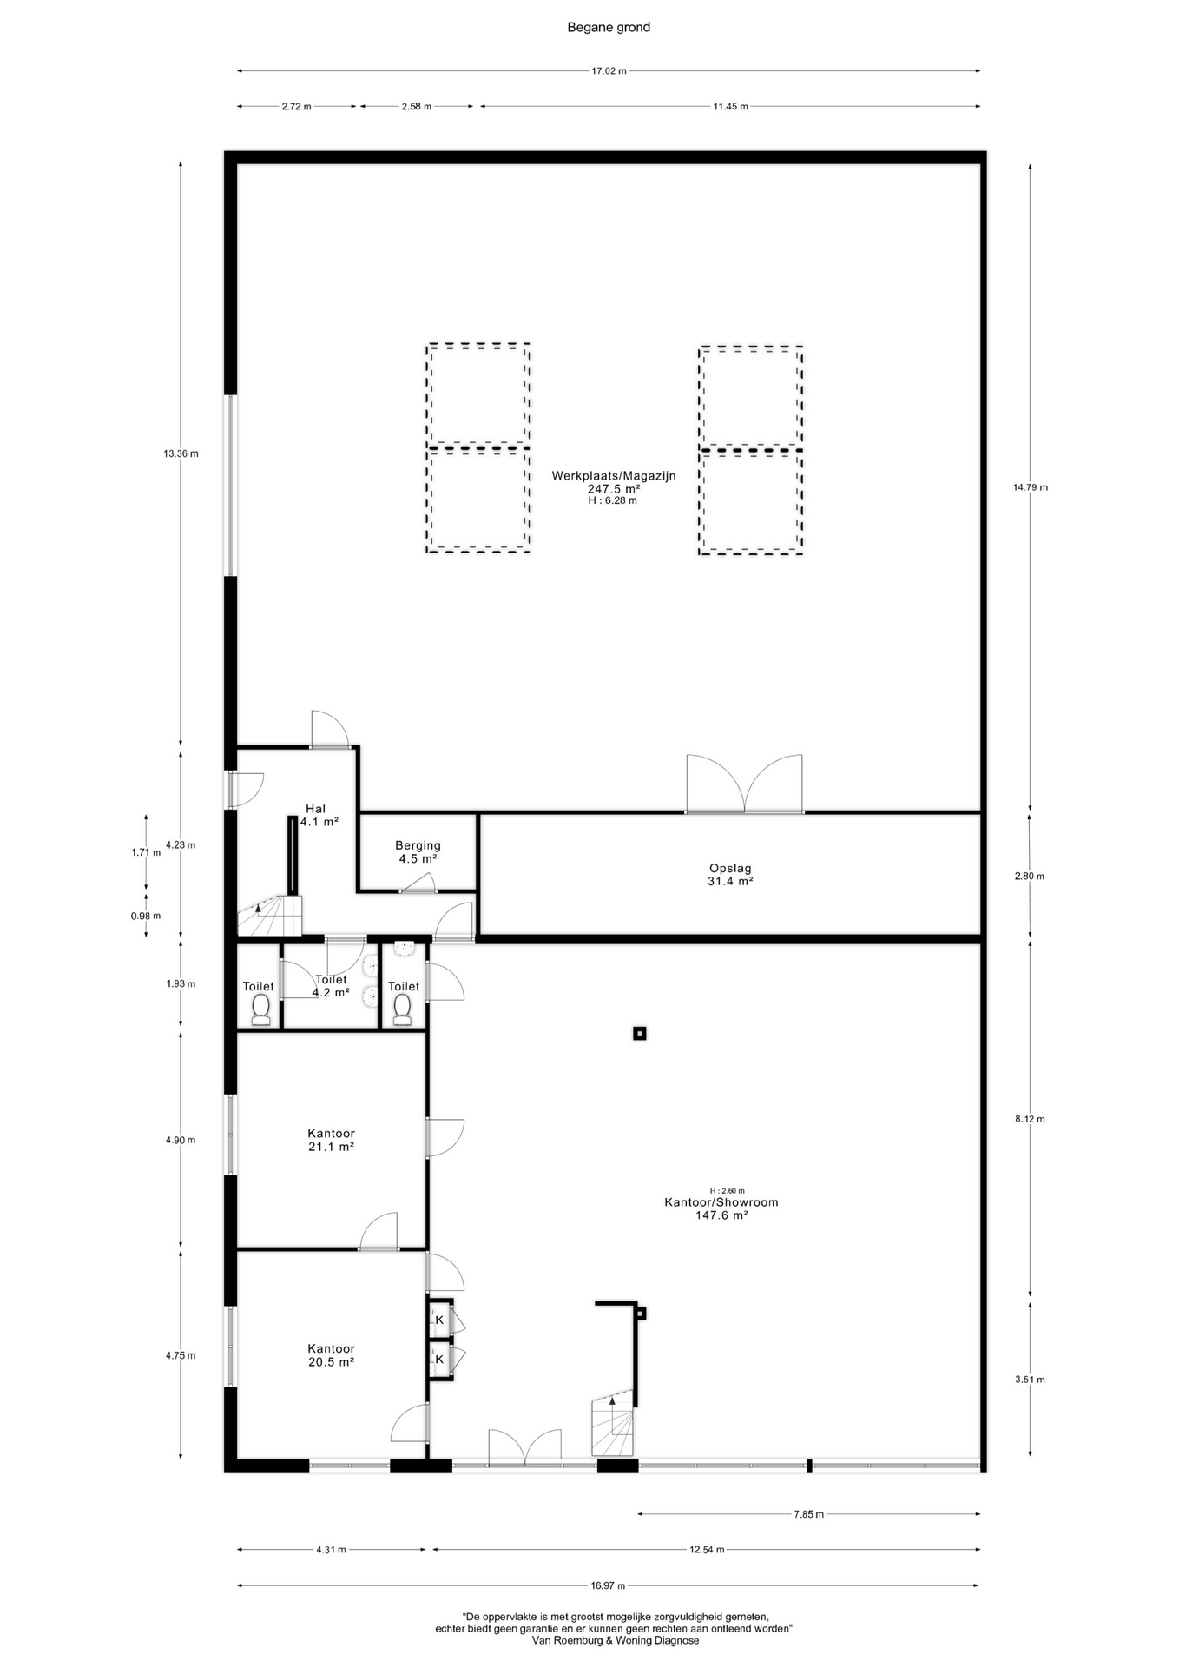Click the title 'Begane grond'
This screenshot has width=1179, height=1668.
[x=609, y=27]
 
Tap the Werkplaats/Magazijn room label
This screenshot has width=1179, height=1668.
[x=614, y=487]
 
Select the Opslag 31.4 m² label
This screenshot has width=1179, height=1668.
[x=730, y=874]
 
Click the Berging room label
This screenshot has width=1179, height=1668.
[x=418, y=851]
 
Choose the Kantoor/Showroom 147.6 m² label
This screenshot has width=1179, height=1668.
[x=721, y=1208]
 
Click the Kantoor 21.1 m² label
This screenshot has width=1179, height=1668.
[x=331, y=1140]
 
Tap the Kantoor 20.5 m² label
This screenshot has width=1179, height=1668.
[x=331, y=1355]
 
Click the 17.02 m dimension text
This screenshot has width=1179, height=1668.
[x=609, y=71]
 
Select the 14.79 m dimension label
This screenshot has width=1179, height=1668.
[x=1030, y=487]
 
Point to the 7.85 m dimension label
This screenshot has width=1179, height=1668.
[x=808, y=1514]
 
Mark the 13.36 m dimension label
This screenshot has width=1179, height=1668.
[x=181, y=453]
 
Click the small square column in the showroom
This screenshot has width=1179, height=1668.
[x=640, y=1033]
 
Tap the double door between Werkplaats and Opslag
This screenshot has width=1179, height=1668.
[x=744, y=784]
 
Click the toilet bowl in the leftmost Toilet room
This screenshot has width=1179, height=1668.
[x=260, y=1008]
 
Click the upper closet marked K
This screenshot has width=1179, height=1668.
[x=439, y=1320]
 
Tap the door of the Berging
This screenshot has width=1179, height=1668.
[x=418, y=884]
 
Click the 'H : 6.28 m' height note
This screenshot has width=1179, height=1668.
[x=613, y=500]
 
